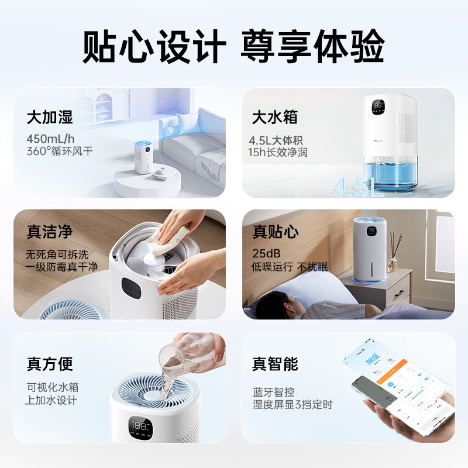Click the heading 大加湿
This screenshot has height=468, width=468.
50,117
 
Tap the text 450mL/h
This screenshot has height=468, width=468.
50,139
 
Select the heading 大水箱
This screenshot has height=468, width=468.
274,117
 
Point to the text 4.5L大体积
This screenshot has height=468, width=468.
278,140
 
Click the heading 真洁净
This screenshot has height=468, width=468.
50,232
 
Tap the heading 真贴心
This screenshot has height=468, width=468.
275,232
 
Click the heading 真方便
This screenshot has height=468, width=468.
50,364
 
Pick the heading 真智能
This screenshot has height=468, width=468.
275,364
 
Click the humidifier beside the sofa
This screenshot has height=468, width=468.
143,157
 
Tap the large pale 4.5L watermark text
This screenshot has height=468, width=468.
357,187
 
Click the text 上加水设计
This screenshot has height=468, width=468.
51,401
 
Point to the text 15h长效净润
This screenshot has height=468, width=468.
278,152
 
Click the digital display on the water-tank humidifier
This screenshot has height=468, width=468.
377,107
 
